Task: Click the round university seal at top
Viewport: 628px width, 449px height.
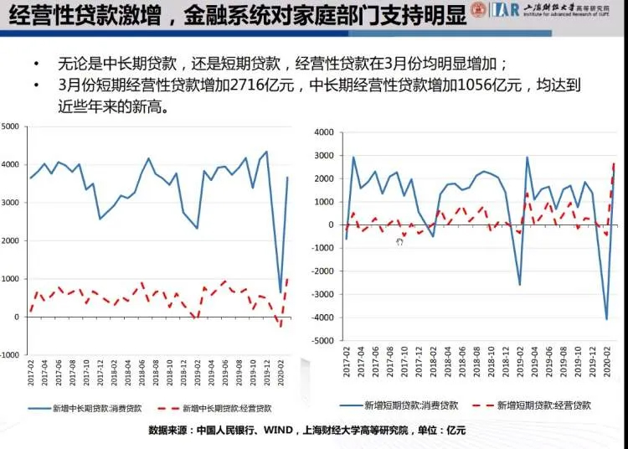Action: point(477,10)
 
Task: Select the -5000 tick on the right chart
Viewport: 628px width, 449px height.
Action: point(321,341)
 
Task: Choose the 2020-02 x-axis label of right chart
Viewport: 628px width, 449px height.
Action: point(605,366)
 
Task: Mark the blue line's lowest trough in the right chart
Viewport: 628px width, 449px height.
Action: point(607,319)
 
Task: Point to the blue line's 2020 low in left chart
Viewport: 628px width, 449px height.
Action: point(281,292)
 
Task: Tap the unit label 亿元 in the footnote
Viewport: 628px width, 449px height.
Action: point(457,430)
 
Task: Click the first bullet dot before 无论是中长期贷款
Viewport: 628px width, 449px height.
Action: point(36,65)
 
